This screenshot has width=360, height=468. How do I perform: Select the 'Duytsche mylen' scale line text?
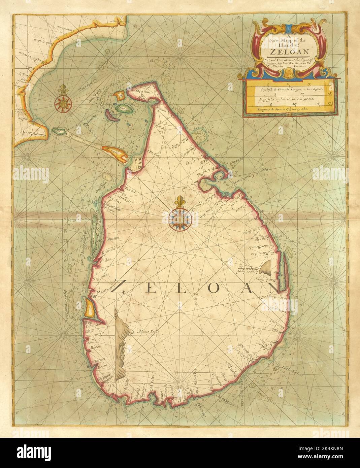(286, 100)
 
